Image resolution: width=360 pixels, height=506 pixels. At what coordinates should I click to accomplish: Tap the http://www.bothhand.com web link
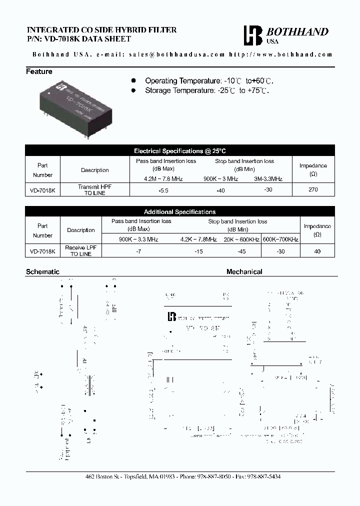pos(280,54)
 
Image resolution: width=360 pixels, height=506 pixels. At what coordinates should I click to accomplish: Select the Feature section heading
pos(39,71)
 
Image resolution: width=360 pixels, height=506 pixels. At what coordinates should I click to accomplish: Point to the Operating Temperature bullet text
pos(209,80)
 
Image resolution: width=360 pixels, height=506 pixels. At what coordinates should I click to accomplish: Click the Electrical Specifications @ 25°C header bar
pos(180,150)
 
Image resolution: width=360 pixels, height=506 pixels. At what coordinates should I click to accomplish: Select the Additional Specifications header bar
pos(180,212)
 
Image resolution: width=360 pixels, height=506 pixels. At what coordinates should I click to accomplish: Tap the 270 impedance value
pos(313,190)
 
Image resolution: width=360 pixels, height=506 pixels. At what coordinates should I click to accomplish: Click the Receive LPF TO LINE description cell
pos(81,250)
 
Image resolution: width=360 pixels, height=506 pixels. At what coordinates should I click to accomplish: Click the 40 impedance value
pos(317,251)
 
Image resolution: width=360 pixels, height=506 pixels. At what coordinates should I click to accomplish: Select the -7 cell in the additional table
pos(138,251)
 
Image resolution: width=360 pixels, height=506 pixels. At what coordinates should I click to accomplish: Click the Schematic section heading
pos(42,271)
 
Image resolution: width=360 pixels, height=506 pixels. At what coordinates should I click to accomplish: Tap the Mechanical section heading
pos(244,271)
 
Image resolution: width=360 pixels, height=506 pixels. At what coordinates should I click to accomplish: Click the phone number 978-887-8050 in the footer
pos(213,476)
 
